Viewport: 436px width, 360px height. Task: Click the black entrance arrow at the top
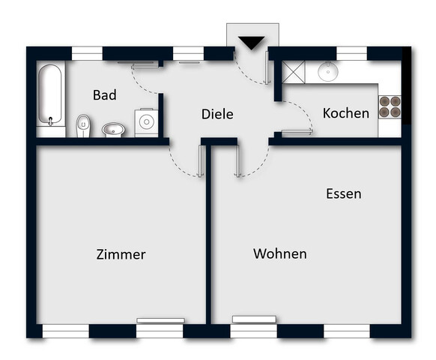pos(252,43)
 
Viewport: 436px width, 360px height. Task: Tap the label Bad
pos(105,95)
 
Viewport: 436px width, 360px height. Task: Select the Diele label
pos(217,115)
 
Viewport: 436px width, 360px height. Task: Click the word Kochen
pos(345,113)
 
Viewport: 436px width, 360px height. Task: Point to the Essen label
pos(343,193)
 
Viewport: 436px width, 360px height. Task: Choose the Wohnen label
pos(279,253)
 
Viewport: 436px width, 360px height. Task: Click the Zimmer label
pos(121,254)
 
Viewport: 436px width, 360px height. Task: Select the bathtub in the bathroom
pos(51,95)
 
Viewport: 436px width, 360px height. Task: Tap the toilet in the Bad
pos(83,125)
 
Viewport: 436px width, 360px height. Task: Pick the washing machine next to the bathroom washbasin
pos(145,122)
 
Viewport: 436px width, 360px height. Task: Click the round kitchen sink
pos(328,72)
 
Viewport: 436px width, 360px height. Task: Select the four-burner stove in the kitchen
pos(390,107)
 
